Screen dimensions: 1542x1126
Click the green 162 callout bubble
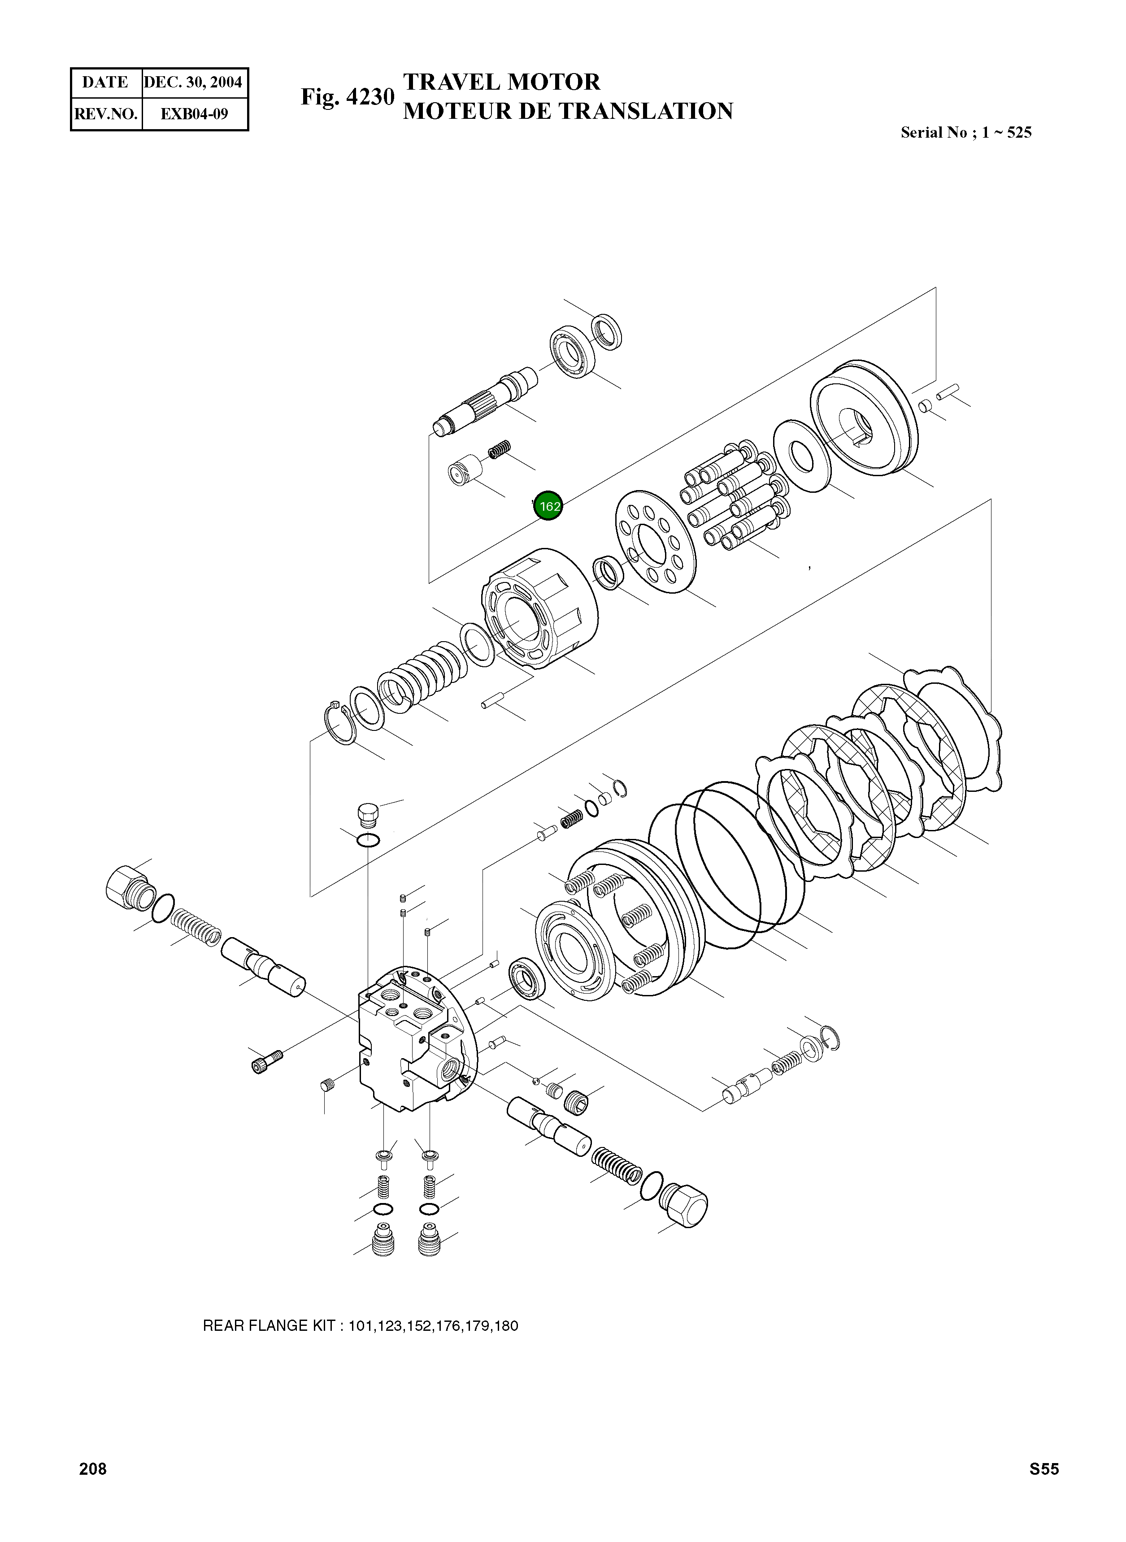click(549, 506)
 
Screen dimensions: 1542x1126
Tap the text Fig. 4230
click(348, 97)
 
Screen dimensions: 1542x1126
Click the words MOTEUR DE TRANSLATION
click(567, 111)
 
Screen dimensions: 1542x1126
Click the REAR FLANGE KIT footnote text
click(361, 1325)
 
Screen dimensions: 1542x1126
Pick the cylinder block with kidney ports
click(539, 608)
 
